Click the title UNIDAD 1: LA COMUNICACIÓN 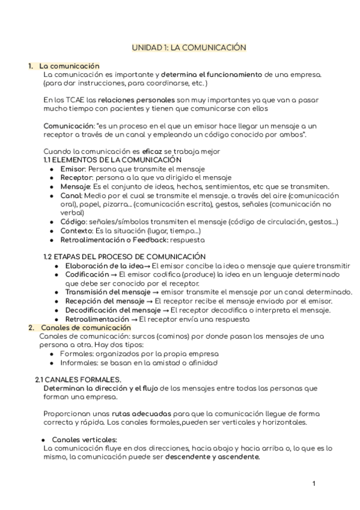189,46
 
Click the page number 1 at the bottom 314,484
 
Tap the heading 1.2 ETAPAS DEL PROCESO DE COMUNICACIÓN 125,257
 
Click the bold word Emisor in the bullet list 73,170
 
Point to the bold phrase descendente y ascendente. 213,457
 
